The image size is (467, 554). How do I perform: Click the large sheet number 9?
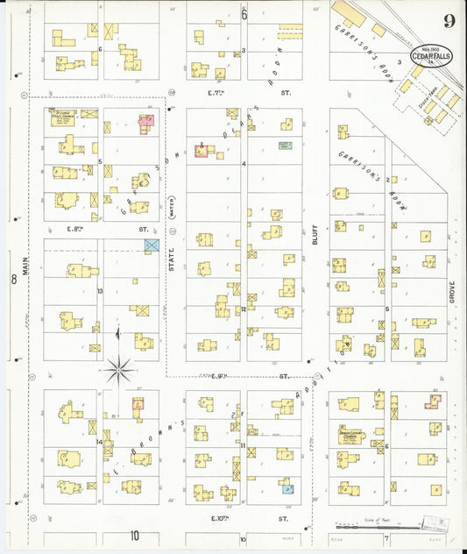click(448, 21)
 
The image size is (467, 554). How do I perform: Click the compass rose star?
click(119, 369)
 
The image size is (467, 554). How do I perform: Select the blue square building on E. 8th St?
click(152, 245)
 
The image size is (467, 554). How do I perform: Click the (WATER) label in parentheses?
click(173, 210)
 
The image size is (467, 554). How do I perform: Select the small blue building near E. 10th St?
click(286, 487)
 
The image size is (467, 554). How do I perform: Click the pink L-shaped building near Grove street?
click(432, 401)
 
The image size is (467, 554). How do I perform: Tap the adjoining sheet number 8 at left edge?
click(13, 280)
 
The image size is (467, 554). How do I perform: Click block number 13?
click(101, 291)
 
